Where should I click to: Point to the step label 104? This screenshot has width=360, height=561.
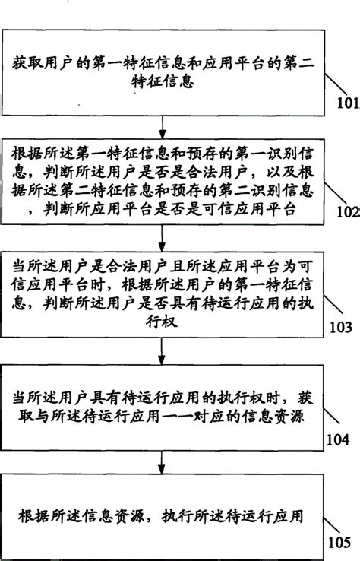[x=338, y=439]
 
